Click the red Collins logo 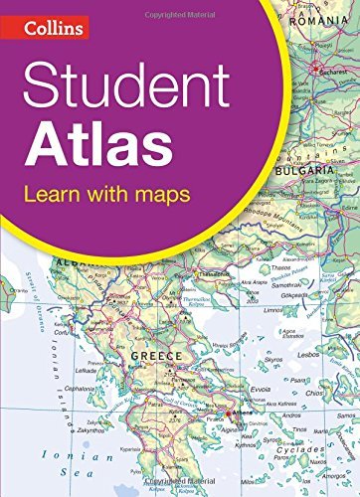[46, 29]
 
